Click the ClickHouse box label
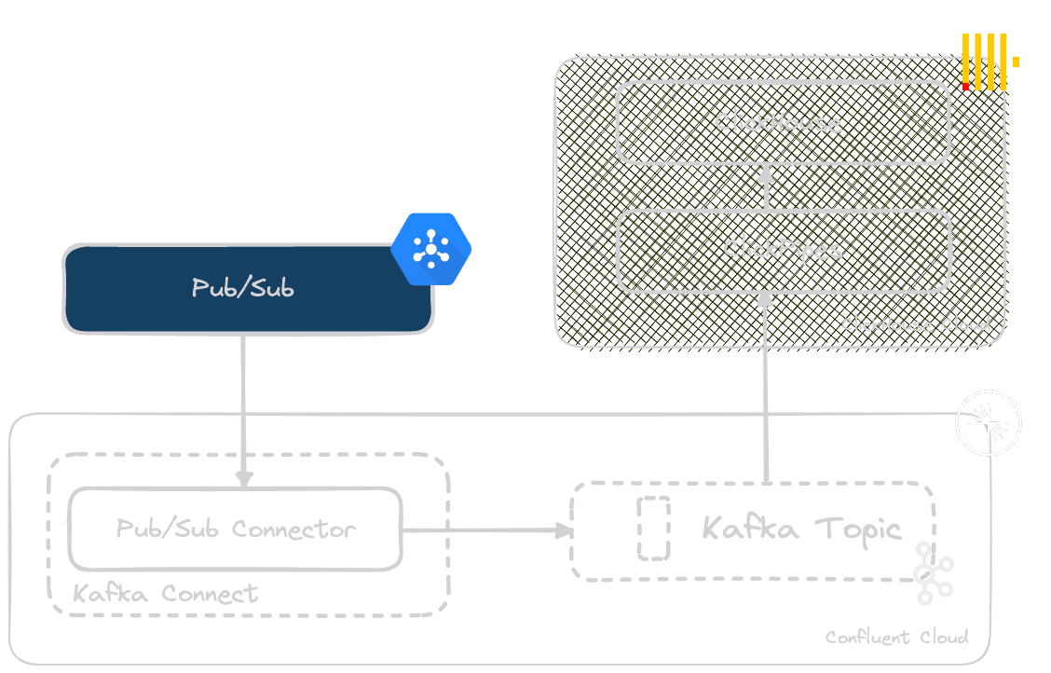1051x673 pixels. (778, 122)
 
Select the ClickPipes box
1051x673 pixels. (784, 250)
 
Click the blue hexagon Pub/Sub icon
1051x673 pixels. (430, 248)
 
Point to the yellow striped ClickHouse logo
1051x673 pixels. (987, 62)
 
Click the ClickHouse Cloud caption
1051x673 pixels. (915, 325)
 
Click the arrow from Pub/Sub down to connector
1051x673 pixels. (243, 410)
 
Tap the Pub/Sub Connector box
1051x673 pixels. (235, 529)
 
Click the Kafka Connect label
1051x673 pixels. (165, 594)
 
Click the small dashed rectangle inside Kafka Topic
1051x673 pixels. (653, 529)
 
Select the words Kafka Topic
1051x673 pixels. (801, 529)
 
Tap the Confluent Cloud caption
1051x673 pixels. (896, 638)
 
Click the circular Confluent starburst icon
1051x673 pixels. (989, 424)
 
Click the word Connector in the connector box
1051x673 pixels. (293, 529)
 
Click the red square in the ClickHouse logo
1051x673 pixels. (966, 87)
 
